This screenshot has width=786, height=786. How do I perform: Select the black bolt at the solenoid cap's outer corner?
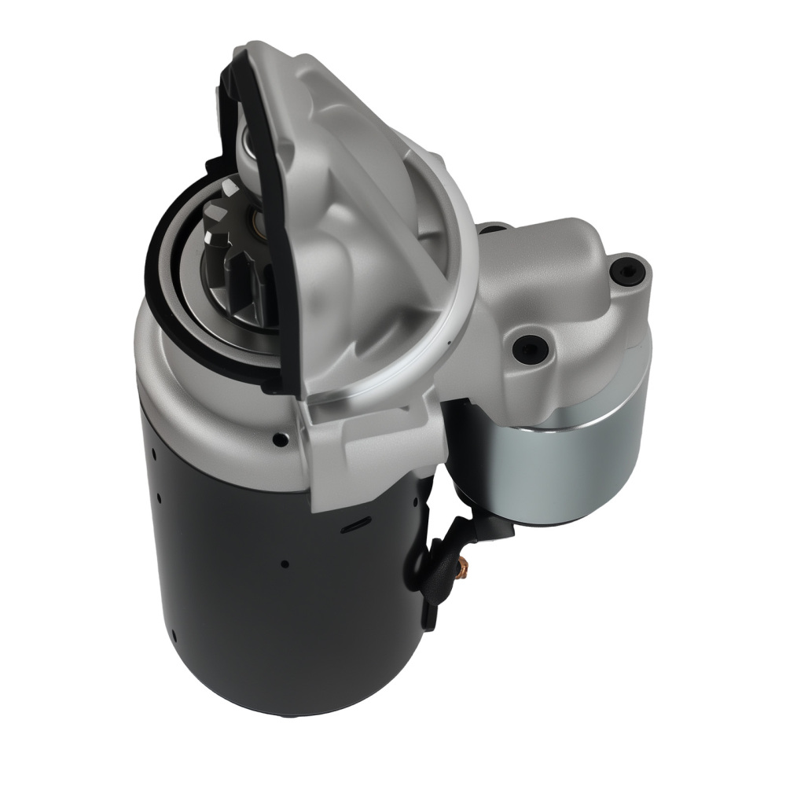(x=626, y=272)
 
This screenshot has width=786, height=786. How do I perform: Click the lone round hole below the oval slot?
(x=285, y=564)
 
